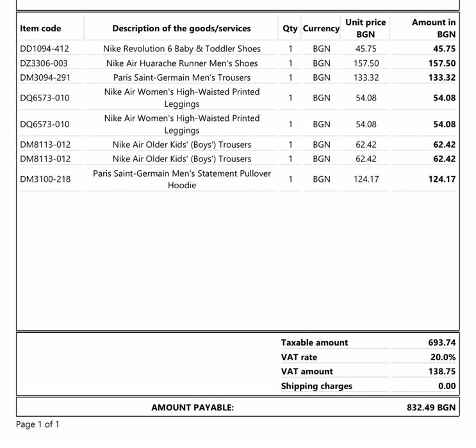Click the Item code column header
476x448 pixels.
(40, 28)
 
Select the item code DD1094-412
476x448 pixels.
(44, 49)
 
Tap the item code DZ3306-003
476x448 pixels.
(44, 63)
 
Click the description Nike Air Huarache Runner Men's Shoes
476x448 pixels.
(182, 63)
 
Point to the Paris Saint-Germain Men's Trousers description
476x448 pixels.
(182, 77)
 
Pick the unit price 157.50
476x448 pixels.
(366, 63)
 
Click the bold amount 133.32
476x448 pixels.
(441, 77)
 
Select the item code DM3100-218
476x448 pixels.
(45, 179)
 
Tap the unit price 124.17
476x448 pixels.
(366, 179)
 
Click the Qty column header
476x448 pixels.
(290, 28)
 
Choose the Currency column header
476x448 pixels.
(321, 28)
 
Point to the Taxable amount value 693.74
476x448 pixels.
(442, 342)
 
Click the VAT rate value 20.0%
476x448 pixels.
(443, 357)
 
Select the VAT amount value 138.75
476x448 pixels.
(442, 371)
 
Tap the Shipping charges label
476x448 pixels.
(316, 386)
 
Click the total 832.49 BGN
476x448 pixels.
(431, 407)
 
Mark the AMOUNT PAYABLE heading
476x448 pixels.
(192, 407)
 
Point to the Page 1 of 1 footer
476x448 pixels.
(38, 424)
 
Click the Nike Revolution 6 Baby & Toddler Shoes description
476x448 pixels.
(182, 49)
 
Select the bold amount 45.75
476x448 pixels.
(444, 49)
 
